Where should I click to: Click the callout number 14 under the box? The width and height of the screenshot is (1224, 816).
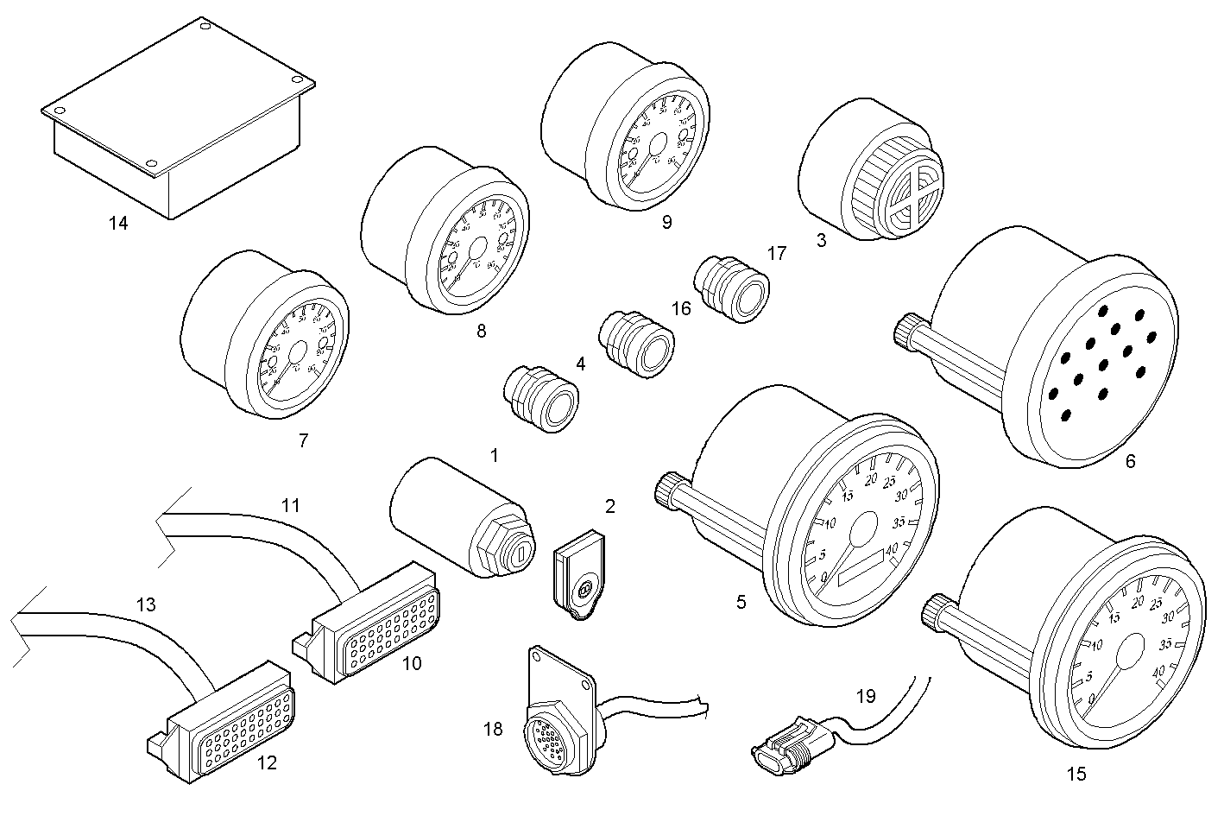pyautogui.click(x=118, y=224)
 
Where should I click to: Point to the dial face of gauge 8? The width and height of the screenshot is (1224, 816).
pyautogui.click(x=476, y=250)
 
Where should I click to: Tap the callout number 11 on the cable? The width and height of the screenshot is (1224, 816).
pyautogui.click(x=291, y=505)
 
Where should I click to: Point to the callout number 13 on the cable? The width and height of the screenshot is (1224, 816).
pyautogui.click(x=146, y=604)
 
